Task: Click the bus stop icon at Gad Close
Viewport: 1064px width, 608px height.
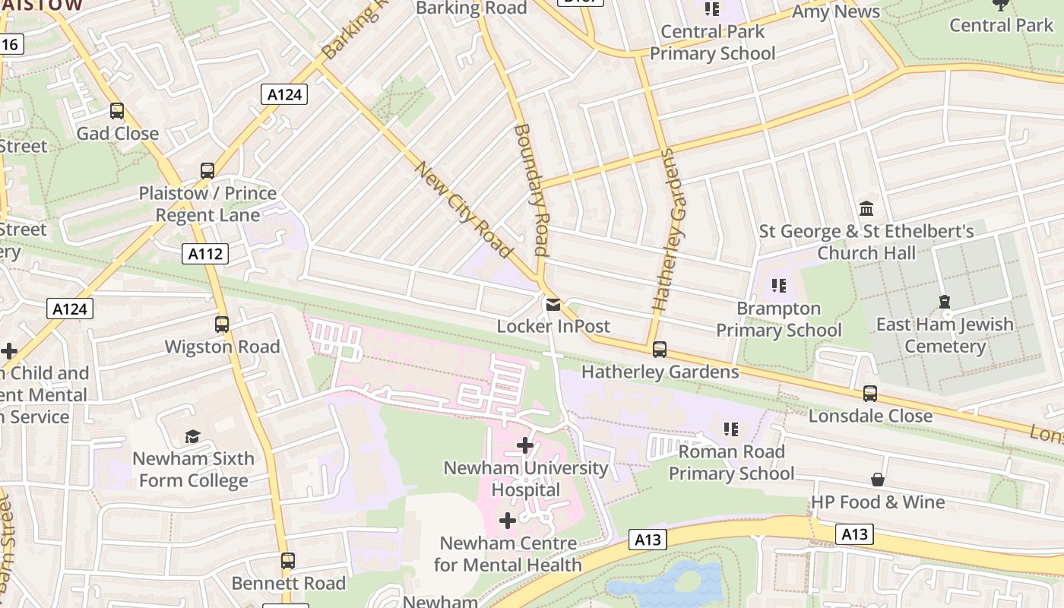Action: coord(117,111)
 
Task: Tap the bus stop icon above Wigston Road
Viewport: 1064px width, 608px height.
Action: coord(222,325)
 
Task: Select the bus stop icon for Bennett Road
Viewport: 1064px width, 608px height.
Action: coord(287,561)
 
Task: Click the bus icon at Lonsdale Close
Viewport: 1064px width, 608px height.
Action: coord(870,394)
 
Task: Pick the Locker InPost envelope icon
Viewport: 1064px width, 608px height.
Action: coord(553,305)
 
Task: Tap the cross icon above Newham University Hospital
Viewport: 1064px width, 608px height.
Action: coord(525,445)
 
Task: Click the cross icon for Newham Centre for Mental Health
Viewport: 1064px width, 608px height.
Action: coord(508,521)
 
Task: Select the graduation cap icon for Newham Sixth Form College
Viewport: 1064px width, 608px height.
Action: coord(192,437)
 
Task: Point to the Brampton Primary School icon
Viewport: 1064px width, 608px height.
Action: coord(779,287)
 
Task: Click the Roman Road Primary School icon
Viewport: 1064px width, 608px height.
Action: coord(731,429)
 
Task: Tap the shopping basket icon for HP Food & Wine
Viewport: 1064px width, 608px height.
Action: coord(878,480)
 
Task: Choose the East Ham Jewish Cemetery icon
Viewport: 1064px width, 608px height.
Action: coord(945,302)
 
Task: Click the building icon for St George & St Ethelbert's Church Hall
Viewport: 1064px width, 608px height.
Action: coord(866,208)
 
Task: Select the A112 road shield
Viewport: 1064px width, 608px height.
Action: coord(206,254)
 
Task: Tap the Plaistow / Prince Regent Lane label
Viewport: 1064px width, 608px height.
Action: coord(207,204)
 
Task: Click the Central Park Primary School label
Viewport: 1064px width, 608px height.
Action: coord(712,43)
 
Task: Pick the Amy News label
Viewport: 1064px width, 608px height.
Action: coord(835,12)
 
